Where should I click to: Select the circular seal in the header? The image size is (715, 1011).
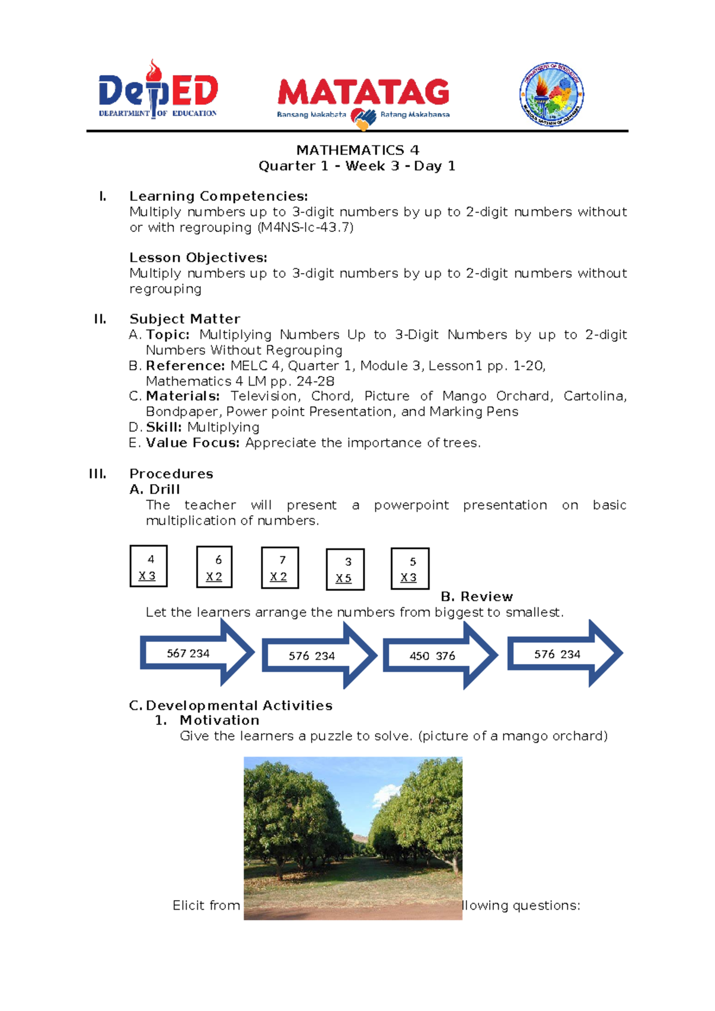point(551,95)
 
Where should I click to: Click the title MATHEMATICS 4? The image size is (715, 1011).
point(357,150)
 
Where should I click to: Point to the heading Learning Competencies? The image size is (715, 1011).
point(218,196)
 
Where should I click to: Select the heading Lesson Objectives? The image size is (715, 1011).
point(198,258)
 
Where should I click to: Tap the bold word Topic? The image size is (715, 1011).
point(167,335)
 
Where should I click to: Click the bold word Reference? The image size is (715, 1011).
point(185,366)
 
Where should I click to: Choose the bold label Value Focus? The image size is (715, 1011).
point(192,443)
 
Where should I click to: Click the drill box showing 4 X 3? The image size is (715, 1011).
point(148,566)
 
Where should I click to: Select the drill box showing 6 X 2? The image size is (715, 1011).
point(214,567)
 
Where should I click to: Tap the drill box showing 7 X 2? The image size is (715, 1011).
point(279,568)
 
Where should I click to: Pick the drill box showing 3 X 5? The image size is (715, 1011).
point(345,570)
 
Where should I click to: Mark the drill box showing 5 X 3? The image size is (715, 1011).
point(410,569)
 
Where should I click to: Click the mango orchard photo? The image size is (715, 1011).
point(353,838)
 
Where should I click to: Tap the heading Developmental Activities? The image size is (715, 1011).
point(238,706)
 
